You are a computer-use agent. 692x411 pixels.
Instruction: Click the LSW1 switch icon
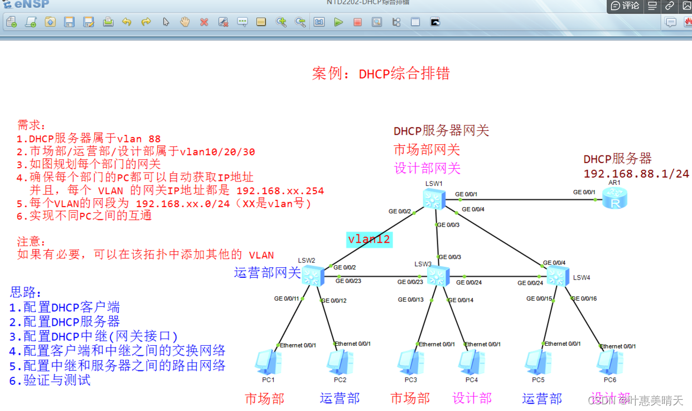pyautogui.click(x=433, y=199)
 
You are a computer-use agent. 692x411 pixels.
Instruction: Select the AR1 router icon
pyautogui.click(x=615, y=198)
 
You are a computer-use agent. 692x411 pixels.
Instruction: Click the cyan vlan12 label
pyautogui.click(x=369, y=239)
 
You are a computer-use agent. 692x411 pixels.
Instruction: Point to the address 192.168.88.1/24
pyautogui.click(x=636, y=174)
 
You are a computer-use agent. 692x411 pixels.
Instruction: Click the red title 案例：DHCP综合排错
pyautogui.click(x=381, y=74)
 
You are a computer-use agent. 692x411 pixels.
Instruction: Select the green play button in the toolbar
pyautogui.click(x=338, y=22)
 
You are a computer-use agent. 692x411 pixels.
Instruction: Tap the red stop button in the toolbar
pyautogui.click(x=357, y=22)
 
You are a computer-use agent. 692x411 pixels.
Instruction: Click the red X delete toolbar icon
pyautogui.click(x=204, y=22)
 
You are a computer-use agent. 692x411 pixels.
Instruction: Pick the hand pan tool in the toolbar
pyautogui.click(x=185, y=22)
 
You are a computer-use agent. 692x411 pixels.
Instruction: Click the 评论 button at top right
pyautogui.click(x=625, y=6)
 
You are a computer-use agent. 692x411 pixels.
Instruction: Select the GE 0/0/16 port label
pyautogui.click(x=585, y=299)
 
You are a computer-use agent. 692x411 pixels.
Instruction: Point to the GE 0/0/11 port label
pyautogui.click(x=287, y=299)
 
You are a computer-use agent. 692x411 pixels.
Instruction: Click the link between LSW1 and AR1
pyautogui.click(x=524, y=199)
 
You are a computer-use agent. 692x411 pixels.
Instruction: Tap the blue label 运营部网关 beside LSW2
pyautogui.click(x=267, y=273)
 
